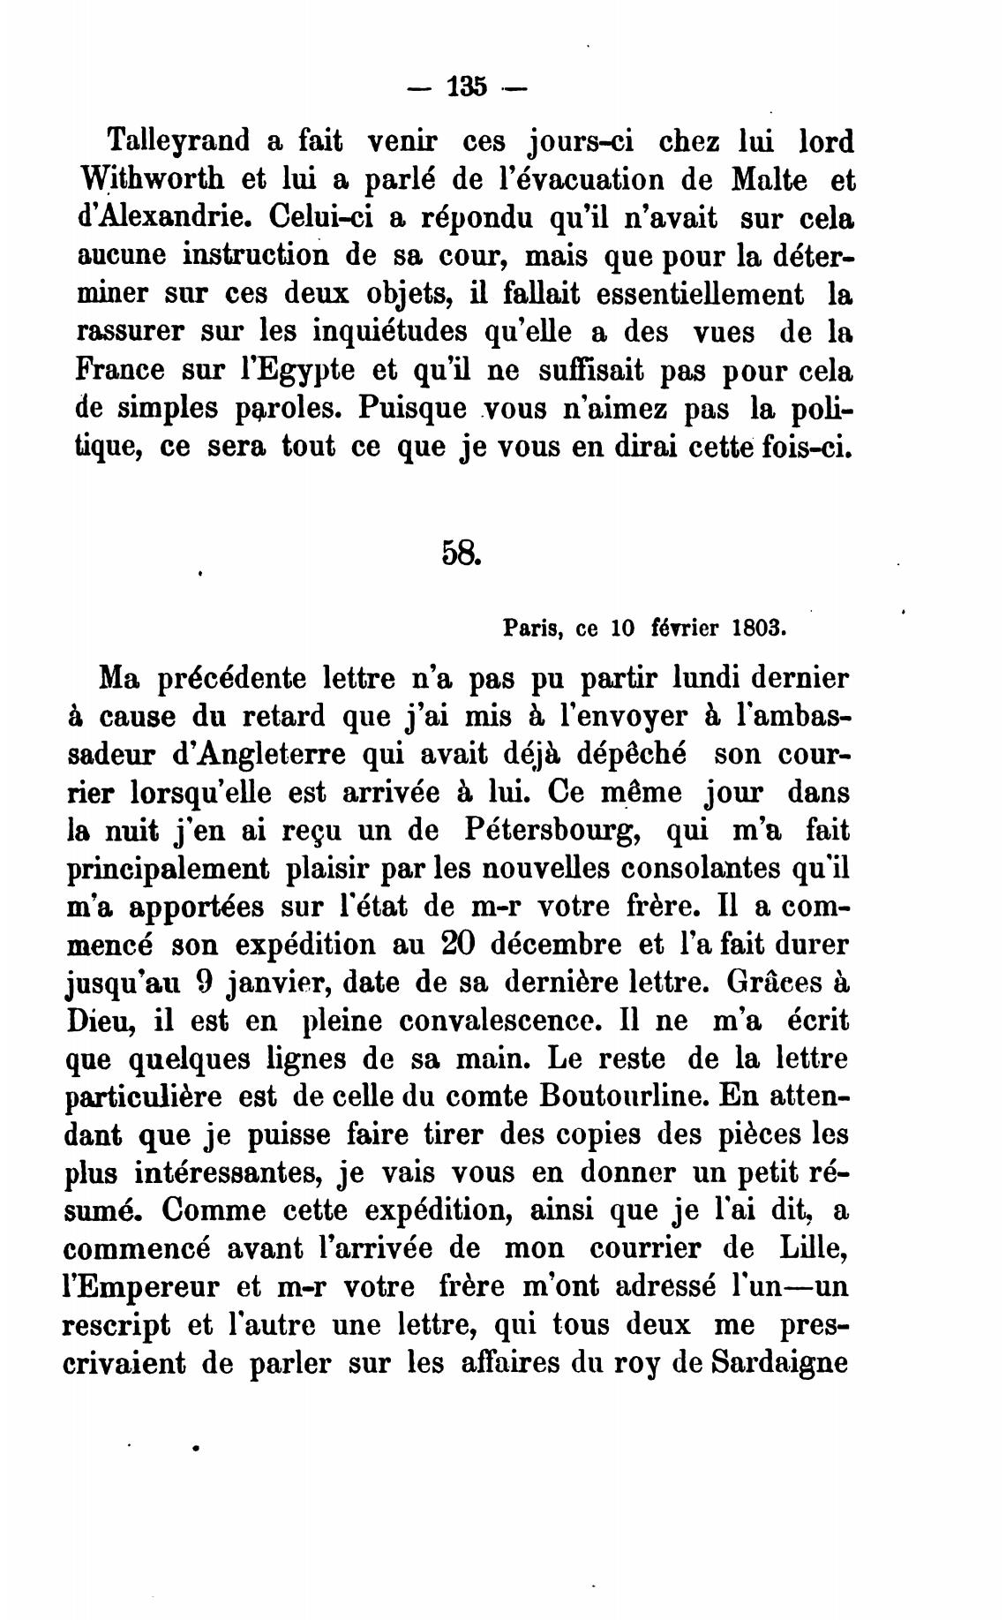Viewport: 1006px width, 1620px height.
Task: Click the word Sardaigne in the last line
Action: tap(779, 1362)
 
